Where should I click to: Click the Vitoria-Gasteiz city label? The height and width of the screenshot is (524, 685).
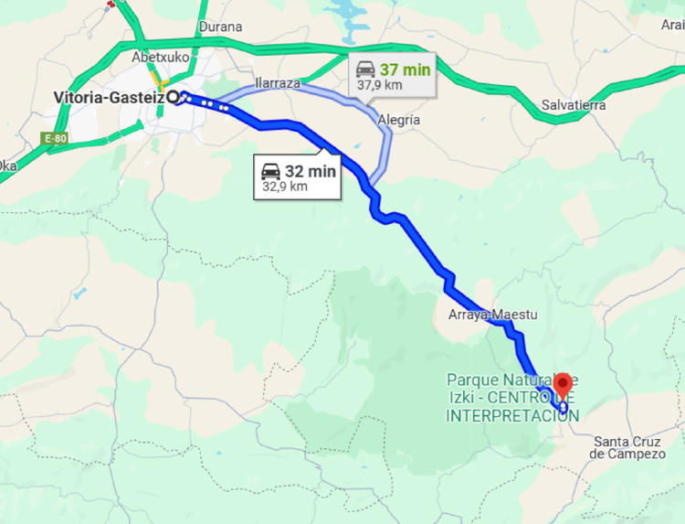point(109,97)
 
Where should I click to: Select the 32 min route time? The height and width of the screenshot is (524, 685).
point(311,171)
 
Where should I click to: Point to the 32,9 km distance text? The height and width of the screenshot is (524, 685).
point(285,187)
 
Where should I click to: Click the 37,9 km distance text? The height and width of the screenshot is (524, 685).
point(380,85)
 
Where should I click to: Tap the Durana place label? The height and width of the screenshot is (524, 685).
point(219,27)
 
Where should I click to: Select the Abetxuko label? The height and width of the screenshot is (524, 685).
point(160,57)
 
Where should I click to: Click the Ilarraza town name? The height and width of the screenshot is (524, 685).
point(278,82)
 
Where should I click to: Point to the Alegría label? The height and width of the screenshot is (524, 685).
point(398,120)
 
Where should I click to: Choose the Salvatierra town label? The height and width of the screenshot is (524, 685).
point(573,105)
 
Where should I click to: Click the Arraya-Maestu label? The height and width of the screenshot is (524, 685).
point(492,315)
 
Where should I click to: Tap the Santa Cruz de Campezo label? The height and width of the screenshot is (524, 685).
point(627,447)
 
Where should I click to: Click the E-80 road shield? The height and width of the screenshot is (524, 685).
point(55,138)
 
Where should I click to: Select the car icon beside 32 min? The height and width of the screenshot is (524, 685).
point(271,171)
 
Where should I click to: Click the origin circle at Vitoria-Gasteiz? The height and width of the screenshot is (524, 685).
point(173,97)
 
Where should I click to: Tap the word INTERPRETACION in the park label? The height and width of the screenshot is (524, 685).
point(512,416)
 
